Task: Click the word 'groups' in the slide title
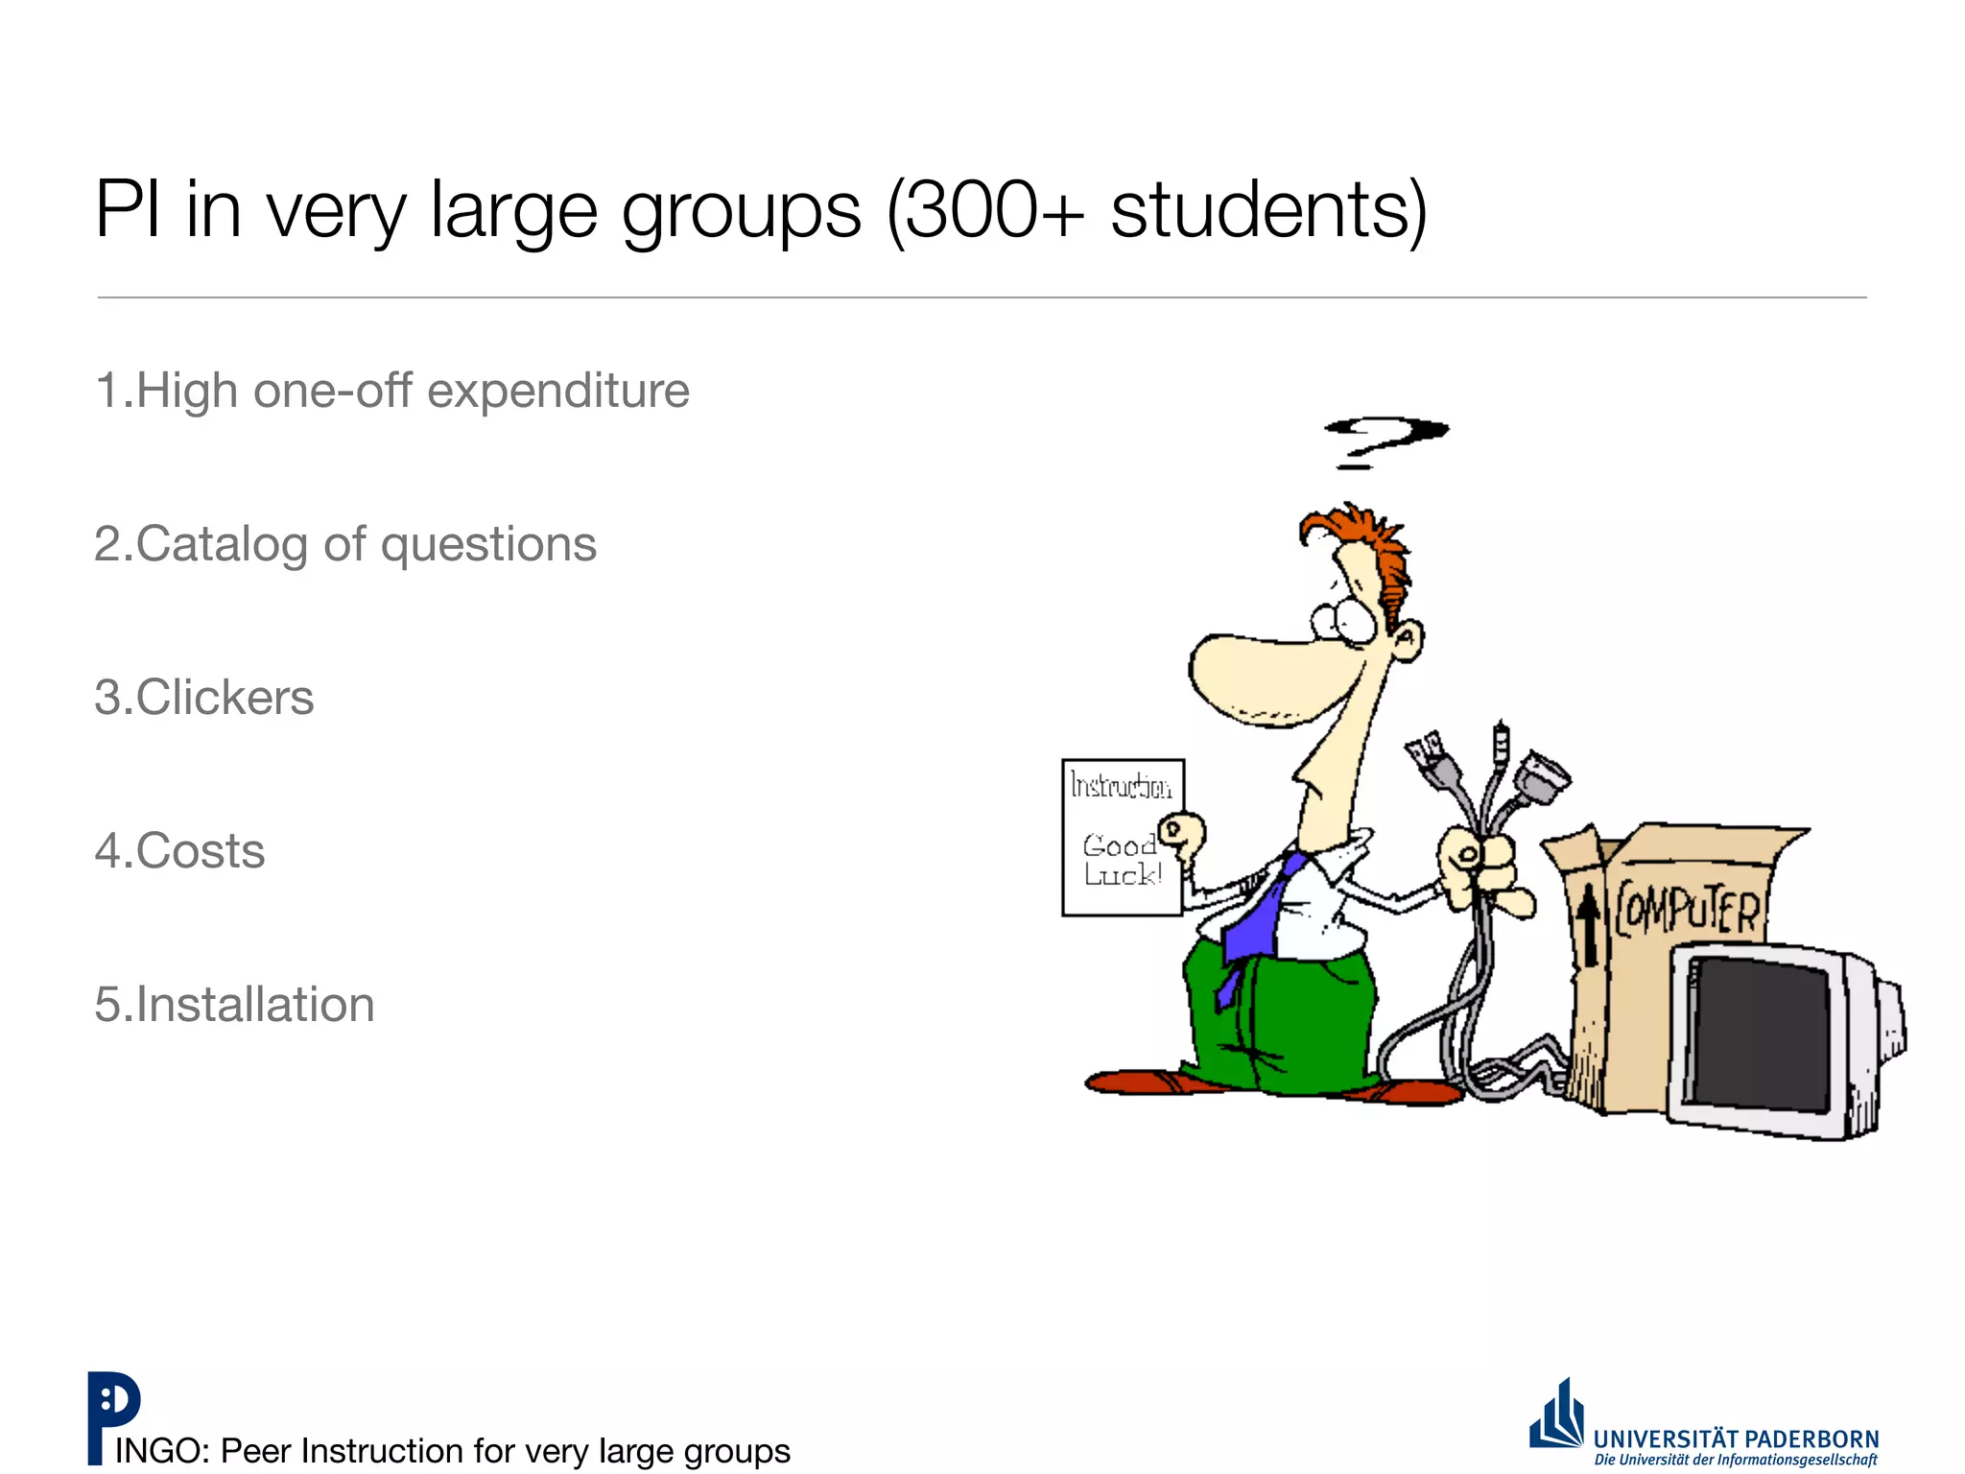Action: click(x=741, y=213)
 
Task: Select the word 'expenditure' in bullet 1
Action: click(x=557, y=392)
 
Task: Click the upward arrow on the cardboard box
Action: click(x=1589, y=923)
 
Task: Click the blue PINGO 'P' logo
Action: click(x=113, y=1415)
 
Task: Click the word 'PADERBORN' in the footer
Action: click(x=1811, y=1438)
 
